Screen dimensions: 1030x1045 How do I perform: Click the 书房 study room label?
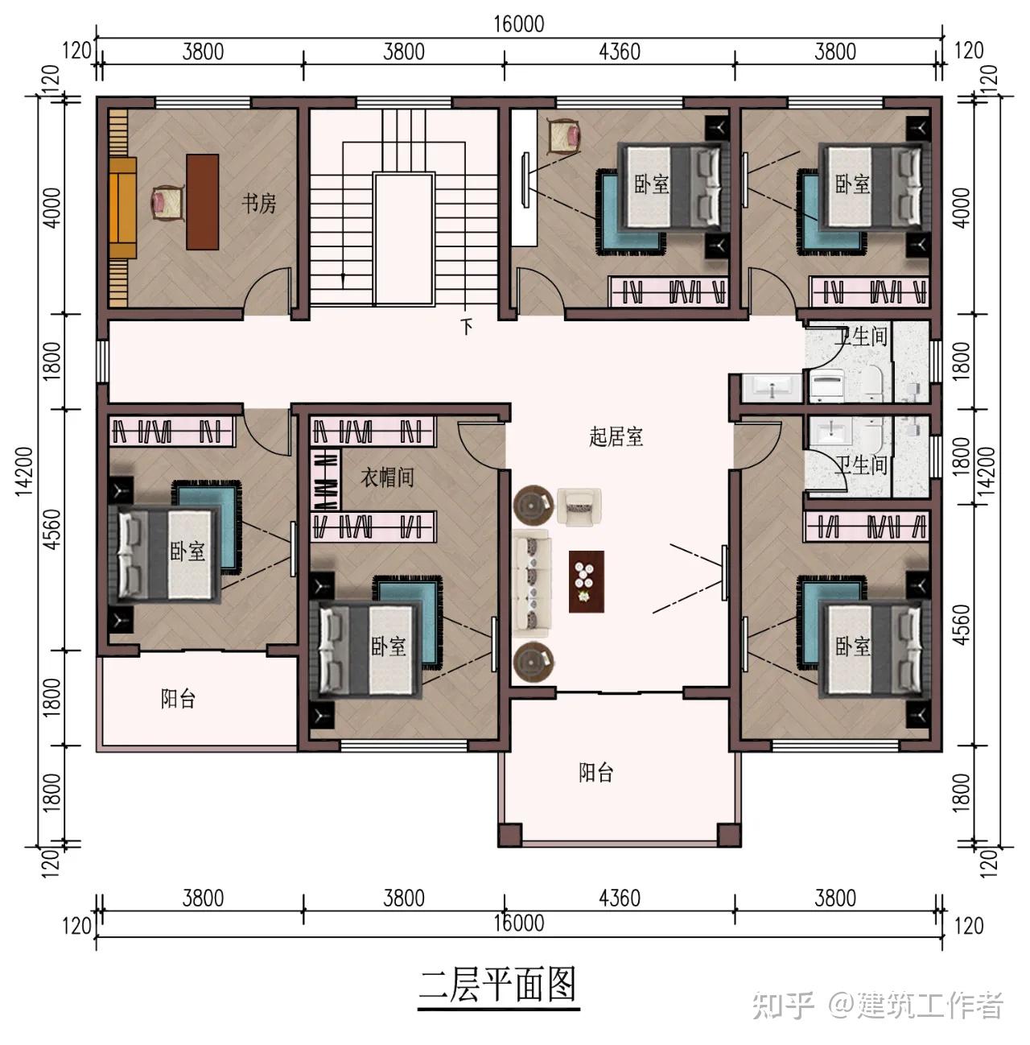click(258, 204)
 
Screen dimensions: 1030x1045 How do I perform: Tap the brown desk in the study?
click(202, 202)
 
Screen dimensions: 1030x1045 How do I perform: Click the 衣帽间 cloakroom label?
click(387, 477)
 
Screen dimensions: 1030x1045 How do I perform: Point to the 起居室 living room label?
click(616, 436)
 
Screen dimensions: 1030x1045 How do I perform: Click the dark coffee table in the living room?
click(586, 581)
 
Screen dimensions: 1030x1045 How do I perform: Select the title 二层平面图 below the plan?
click(497, 984)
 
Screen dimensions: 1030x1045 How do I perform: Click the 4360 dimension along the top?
click(619, 52)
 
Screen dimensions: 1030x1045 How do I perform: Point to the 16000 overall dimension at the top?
click(518, 24)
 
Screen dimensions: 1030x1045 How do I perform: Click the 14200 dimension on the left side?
click(24, 471)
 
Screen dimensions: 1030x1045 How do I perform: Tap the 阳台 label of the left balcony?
click(178, 699)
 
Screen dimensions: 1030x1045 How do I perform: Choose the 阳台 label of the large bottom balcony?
click(595, 772)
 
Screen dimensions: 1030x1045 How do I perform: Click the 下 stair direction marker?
click(466, 326)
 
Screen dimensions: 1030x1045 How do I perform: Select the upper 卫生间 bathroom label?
click(860, 337)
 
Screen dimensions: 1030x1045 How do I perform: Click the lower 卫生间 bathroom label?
click(860, 465)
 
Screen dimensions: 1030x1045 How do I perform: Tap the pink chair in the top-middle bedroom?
click(564, 137)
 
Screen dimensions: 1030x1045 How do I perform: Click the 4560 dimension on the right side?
click(960, 624)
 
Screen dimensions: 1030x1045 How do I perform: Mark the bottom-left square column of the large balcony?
click(510, 835)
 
